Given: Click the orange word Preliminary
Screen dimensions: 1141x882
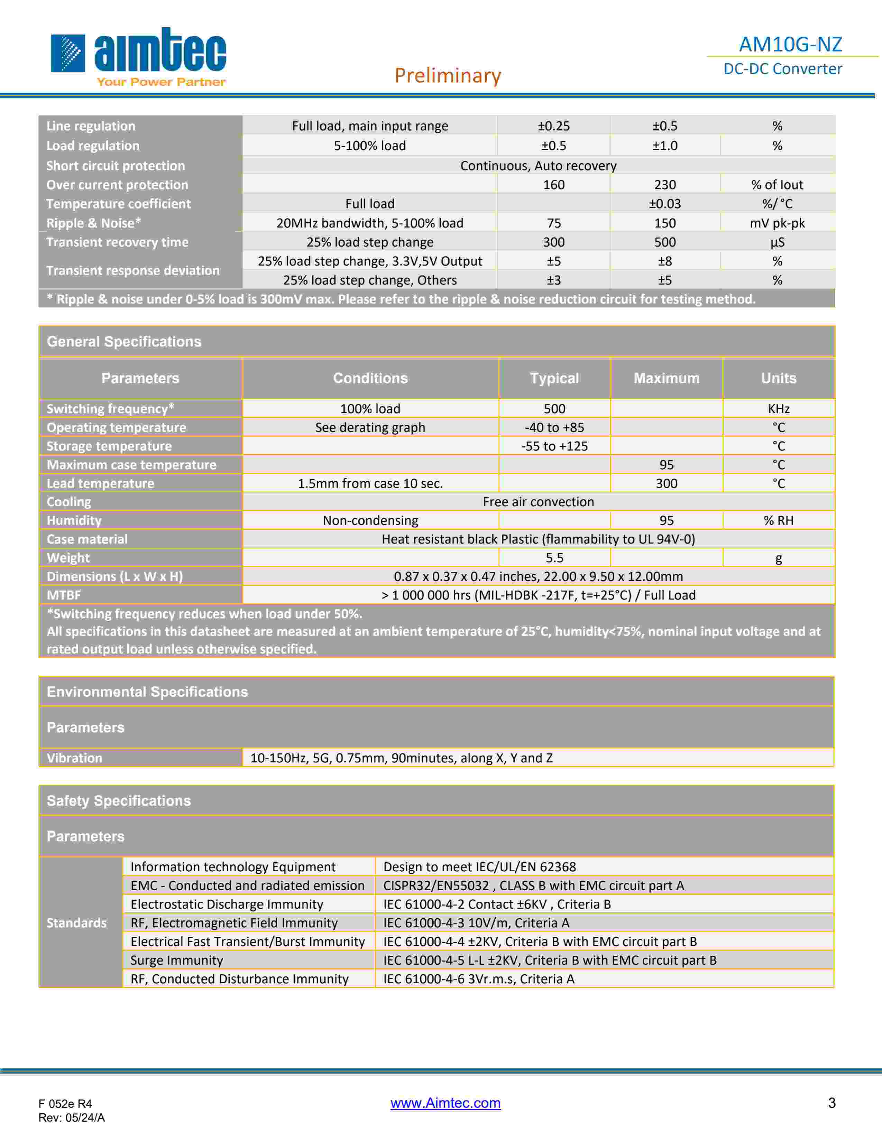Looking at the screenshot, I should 448,75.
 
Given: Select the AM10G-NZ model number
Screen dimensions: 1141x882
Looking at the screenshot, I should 790,44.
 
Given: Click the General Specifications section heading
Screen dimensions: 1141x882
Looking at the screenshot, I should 124,342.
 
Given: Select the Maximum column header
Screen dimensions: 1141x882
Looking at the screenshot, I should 666,378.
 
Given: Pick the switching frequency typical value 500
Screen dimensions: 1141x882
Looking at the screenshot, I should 554,409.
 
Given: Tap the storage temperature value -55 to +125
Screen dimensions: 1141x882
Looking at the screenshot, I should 554,446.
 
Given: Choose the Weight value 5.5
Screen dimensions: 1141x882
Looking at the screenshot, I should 554,558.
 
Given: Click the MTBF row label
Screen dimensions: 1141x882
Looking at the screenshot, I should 64,595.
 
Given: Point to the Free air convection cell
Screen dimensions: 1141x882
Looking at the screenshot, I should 538,502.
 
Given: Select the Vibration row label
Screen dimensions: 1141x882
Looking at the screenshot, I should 74,758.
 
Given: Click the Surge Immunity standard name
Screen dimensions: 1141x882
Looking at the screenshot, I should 177,960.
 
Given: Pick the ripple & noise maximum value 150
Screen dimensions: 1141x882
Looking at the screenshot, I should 665,223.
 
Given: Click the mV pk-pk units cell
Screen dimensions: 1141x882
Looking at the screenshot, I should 777,223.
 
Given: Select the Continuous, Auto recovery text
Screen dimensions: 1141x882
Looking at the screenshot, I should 538,166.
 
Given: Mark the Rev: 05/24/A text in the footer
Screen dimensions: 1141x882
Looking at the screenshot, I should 72,1117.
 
